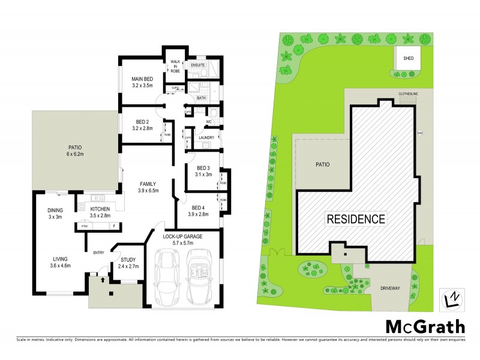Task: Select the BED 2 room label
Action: tap(142, 124)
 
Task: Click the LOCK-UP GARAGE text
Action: tap(182, 236)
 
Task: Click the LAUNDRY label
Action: tap(206, 137)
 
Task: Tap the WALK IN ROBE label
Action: tap(175, 66)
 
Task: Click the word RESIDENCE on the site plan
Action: tap(356, 218)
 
